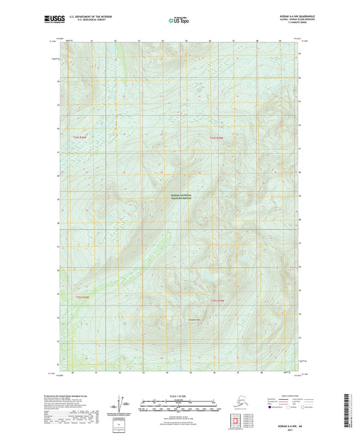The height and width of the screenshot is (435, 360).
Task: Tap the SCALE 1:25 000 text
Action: coord(179,394)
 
